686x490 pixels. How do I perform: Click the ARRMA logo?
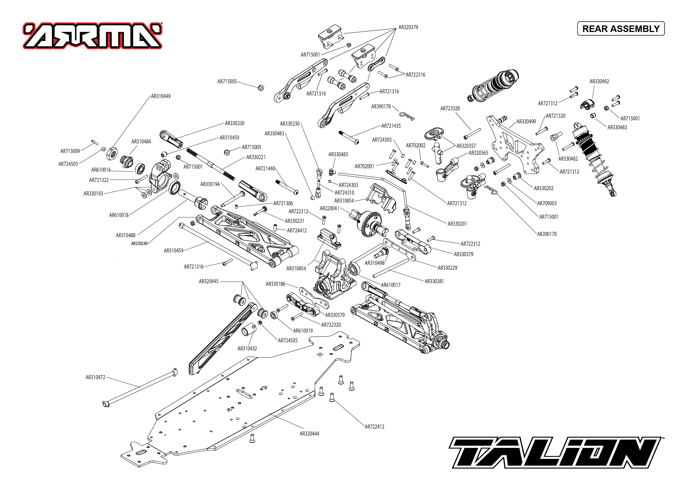coord(92,36)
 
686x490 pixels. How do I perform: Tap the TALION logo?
coord(555,452)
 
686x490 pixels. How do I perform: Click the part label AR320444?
coord(309,434)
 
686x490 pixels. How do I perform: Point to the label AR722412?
coord(374,427)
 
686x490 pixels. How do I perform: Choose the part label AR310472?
coord(95,377)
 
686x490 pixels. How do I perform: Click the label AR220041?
coord(329,208)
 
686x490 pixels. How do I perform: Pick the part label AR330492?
coord(599,81)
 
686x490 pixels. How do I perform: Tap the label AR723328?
coord(450,108)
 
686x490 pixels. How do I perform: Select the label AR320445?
coord(208,281)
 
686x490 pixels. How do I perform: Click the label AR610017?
coord(390,285)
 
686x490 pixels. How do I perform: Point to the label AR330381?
coord(434,281)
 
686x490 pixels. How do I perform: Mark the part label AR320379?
coord(408,27)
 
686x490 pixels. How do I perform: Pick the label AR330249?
coord(139,244)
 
